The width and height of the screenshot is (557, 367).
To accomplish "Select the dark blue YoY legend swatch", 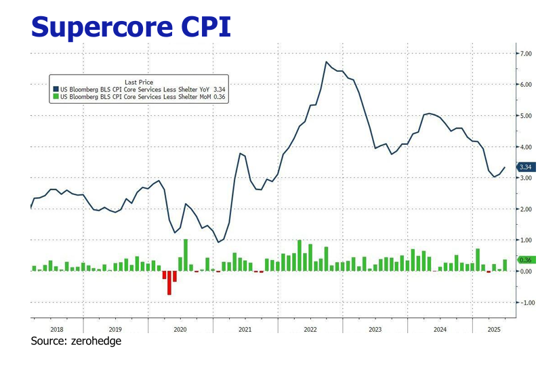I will point(56,89).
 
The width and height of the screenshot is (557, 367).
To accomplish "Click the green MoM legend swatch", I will point(56,97).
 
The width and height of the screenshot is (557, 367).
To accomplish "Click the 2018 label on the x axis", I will point(57,328).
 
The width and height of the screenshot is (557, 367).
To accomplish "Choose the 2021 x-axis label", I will point(245,328).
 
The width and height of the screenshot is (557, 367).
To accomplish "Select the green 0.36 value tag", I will point(524,260).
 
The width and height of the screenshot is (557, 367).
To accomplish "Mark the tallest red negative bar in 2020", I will point(169,283).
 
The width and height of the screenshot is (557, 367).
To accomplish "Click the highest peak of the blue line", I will point(326,62).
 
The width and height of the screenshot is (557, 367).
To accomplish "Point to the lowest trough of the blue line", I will point(218,242).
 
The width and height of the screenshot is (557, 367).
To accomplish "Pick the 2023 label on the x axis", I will point(375,328).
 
